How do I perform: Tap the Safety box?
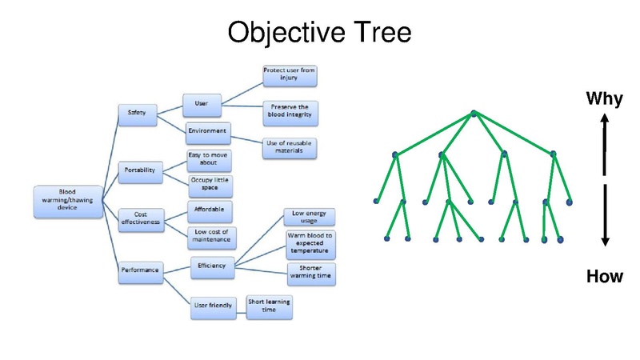[x=137, y=114]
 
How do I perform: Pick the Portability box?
[x=139, y=170]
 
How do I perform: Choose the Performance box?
[x=140, y=270]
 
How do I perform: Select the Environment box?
[x=207, y=130]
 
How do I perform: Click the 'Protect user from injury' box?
[x=290, y=74]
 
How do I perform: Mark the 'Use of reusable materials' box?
[x=289, y=147]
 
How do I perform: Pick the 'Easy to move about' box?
[x=209, y=159]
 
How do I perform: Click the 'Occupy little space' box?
[x=209, y=186]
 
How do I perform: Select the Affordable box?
[x=209, y=211]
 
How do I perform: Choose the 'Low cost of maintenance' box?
[x=210, y=238]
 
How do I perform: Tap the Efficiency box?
[x=212, y=266]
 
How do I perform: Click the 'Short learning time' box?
[x=270, y=306]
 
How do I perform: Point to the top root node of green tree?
[x=474, y=114]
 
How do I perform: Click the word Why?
[x=605, y=99]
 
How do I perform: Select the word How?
[x=605, y=277]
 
